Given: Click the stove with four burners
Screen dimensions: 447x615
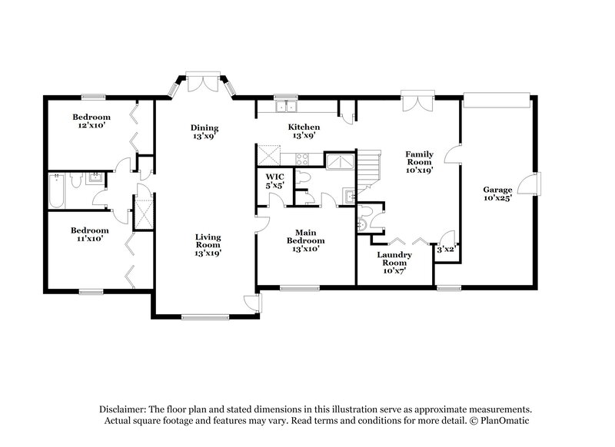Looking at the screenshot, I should coord(302,160).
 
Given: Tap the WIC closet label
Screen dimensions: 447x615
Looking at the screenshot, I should coord(274,176).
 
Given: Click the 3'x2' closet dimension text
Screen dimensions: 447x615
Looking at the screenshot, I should coord(445,250).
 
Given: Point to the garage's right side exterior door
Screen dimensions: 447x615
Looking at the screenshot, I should coord(530,184).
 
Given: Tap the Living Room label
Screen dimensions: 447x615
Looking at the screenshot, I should coord(208,243).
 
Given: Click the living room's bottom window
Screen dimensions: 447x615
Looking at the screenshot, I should coord(204,316).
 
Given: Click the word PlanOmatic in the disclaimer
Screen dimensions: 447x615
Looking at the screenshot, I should coord(503,422).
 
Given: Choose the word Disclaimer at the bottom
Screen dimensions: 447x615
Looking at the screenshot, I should coord(127,410).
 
